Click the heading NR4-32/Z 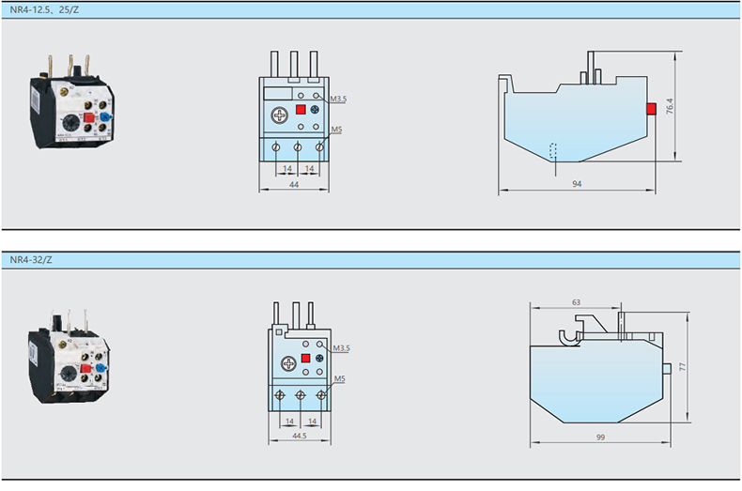(x=31, y=260)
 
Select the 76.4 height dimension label (x=668, y=107)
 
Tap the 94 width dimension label (x=576, y=184)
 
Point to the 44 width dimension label (x=293, y=185)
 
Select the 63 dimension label (x=575, y=302)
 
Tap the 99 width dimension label (x=599, y=437)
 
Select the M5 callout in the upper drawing (x=336, y=130)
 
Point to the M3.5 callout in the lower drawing (x=340, y=348)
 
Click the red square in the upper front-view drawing (x=301, y=110)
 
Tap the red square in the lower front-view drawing (x=305, y=360)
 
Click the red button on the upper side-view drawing (x=650, y=110)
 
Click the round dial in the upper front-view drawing (x=280, y=115)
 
